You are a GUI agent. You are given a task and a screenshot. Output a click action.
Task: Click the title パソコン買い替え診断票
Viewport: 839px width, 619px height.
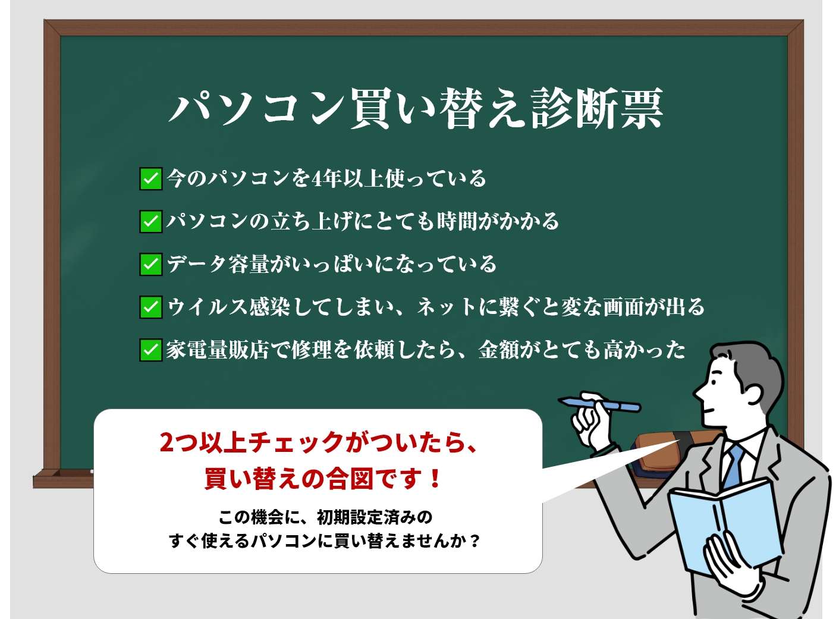click(416, 109)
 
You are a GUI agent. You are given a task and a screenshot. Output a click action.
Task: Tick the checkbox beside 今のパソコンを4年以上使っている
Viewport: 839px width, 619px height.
click(151, 178)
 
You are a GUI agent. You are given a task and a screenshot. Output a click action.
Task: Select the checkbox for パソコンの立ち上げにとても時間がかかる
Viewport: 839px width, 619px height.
click(151, 221)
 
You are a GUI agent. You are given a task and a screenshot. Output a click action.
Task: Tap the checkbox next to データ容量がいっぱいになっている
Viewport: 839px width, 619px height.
click(151, 264)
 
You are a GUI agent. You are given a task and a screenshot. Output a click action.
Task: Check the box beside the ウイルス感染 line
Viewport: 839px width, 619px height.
click(151, 307)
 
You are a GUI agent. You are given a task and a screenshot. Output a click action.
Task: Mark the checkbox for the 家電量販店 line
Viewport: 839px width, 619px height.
click(151, 350)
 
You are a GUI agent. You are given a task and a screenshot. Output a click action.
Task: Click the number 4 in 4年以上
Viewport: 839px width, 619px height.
click(317, 179)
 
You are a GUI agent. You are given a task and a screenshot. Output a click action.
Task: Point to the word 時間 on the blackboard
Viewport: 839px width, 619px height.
click(457, 221)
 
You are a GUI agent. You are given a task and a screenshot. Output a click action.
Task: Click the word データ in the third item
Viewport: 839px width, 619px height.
click(197, 264)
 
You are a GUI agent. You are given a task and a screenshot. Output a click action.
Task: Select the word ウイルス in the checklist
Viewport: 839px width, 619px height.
click(208, 307)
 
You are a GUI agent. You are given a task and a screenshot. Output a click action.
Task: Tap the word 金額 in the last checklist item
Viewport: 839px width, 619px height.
click(498, 350)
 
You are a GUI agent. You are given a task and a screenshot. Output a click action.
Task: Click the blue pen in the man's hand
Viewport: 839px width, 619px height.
click(599, 404)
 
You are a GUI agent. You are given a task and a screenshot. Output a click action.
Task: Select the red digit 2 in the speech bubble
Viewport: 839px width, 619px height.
click(167, 442)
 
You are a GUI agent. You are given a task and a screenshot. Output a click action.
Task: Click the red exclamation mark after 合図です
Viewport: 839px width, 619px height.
click(435, 478)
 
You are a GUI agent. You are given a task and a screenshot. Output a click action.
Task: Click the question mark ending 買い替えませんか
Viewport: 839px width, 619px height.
click(475, 541)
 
